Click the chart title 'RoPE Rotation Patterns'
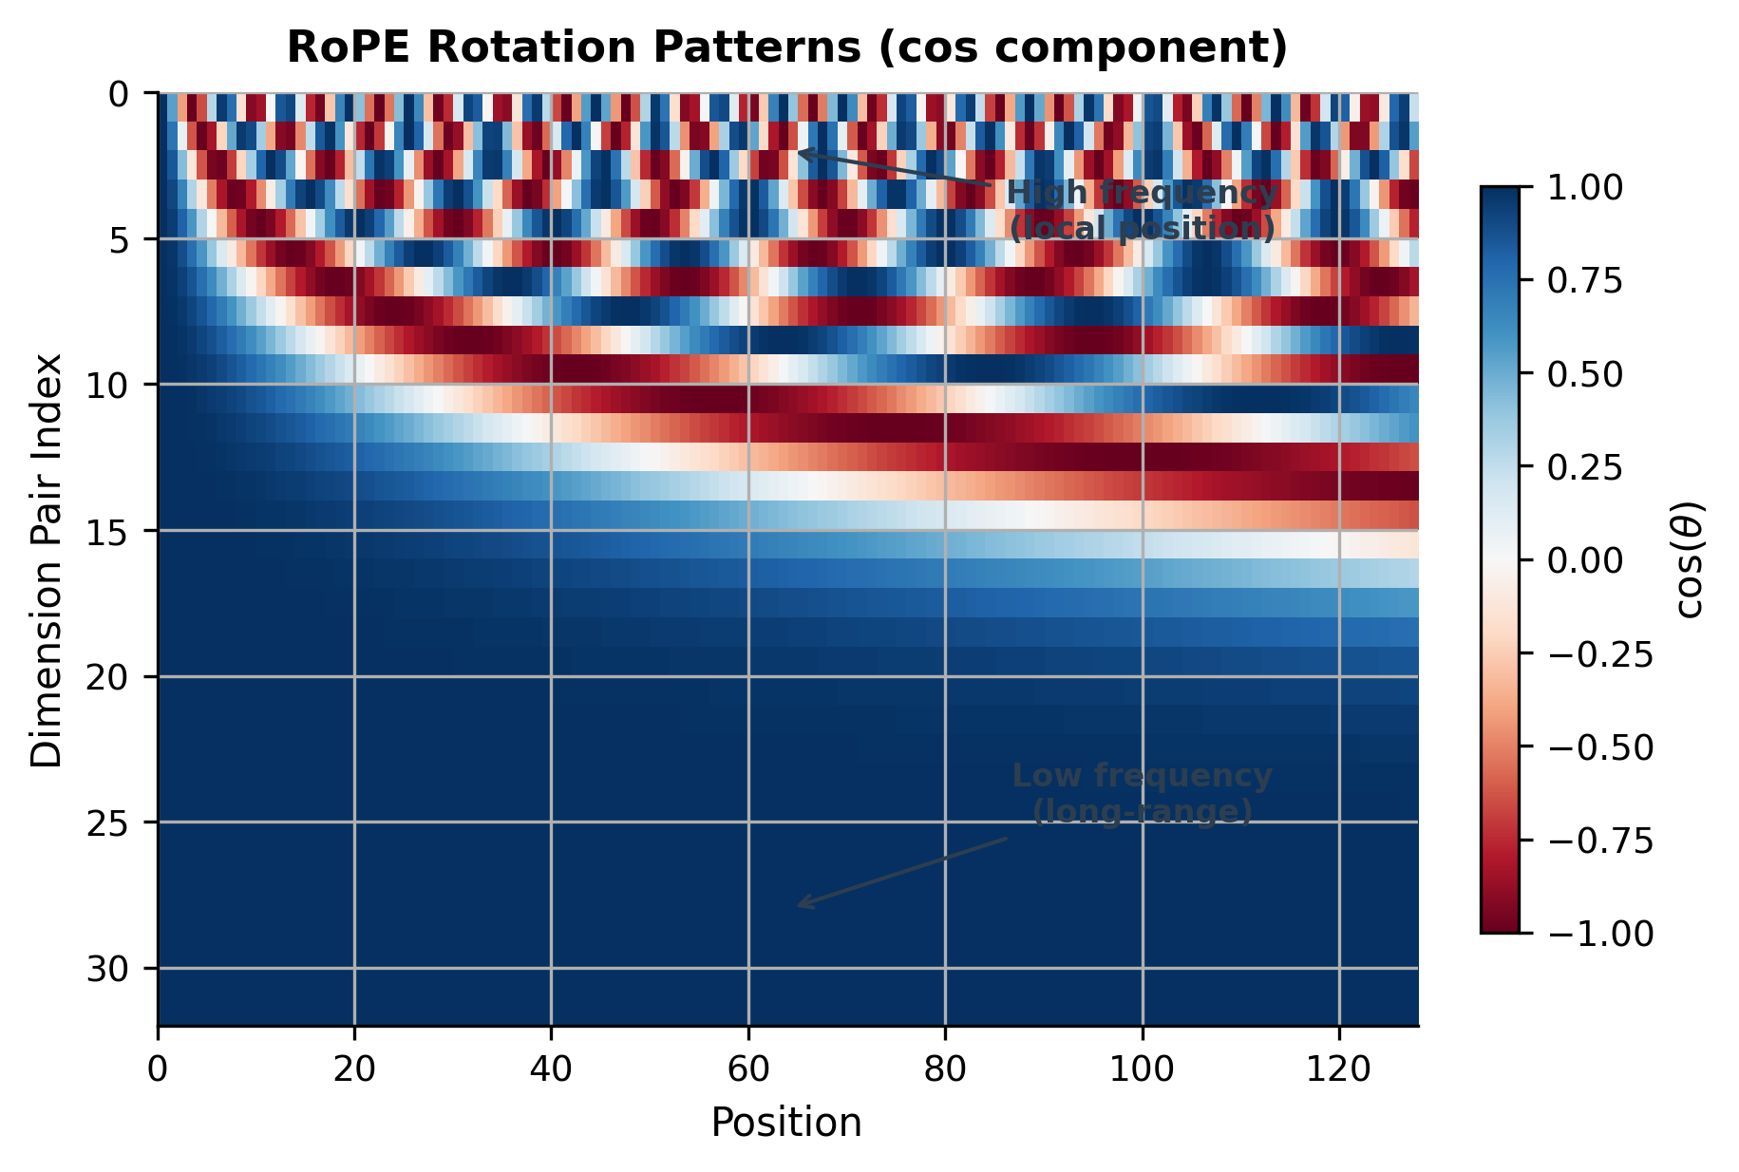point(786,47)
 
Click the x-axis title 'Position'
point(786,1123)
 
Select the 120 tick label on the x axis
point(1339,1070)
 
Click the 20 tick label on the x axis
point(354,1070)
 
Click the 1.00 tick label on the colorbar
point(1585,188)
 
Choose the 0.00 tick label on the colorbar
point(1585,560)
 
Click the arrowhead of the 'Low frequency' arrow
point(800,906)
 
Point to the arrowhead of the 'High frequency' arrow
point(800,151)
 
